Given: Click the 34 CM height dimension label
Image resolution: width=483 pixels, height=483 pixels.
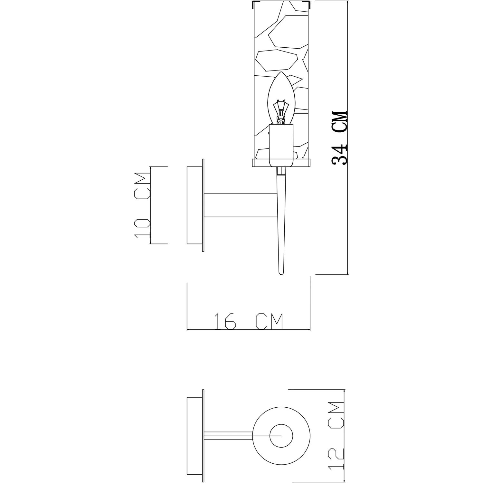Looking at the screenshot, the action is pos(340,138).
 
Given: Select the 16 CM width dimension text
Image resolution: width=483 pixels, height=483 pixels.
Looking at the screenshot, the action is pos(249,321).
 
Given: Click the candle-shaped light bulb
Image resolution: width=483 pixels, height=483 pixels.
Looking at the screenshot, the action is pos(281,98).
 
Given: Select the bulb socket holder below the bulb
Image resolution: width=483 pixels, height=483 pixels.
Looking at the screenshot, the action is pos(281,146).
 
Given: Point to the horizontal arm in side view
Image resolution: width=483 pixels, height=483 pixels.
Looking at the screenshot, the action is pos(241,205).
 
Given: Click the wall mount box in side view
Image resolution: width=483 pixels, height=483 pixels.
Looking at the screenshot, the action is pos(194,205).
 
